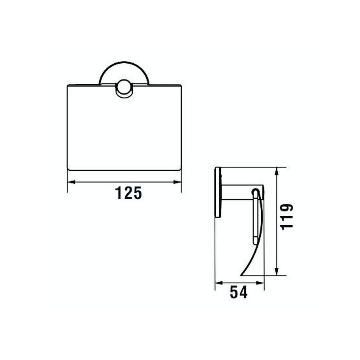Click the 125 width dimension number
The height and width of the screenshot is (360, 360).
point(128,193)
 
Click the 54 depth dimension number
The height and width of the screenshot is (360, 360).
point(239,292)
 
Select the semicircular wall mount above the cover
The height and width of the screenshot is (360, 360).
point(123,73)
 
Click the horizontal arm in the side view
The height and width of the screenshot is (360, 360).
point(237,192)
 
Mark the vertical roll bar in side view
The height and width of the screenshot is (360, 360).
point(255,216)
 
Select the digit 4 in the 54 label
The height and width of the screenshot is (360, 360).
point(243,292)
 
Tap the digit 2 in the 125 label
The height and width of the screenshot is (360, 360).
point(128,193)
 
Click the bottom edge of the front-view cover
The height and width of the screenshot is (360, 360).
point(124,170)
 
